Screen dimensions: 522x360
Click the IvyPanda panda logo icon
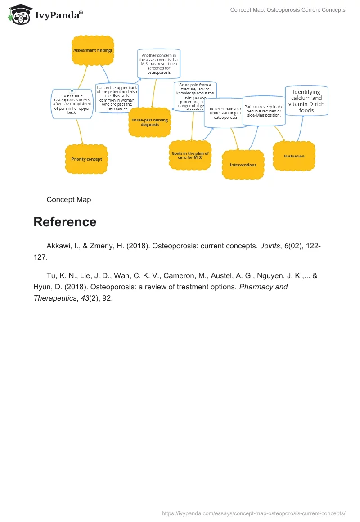(x=19, y=15)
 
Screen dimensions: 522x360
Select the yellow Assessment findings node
(x=93, y=51)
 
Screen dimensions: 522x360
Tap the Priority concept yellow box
(x=86, y=159)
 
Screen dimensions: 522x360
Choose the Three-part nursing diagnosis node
(x=149, y=122)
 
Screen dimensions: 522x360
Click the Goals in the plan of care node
(x=190, y=155)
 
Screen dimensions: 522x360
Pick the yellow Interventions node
(x=243, y=165)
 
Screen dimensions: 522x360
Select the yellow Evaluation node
(x=294, y=156)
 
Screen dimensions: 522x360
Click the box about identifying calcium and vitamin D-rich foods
(x=306, y=101)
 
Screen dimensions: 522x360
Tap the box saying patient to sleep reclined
(x=264, y=111)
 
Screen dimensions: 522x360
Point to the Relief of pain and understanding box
(x=225, y=114)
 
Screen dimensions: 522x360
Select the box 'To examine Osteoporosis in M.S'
(x=72, y=104)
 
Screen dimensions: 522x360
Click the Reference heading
(x=65, y=222)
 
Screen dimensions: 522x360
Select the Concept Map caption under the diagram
(x=68, y=199)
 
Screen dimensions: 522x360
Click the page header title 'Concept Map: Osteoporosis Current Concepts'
(x=288, y=10)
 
